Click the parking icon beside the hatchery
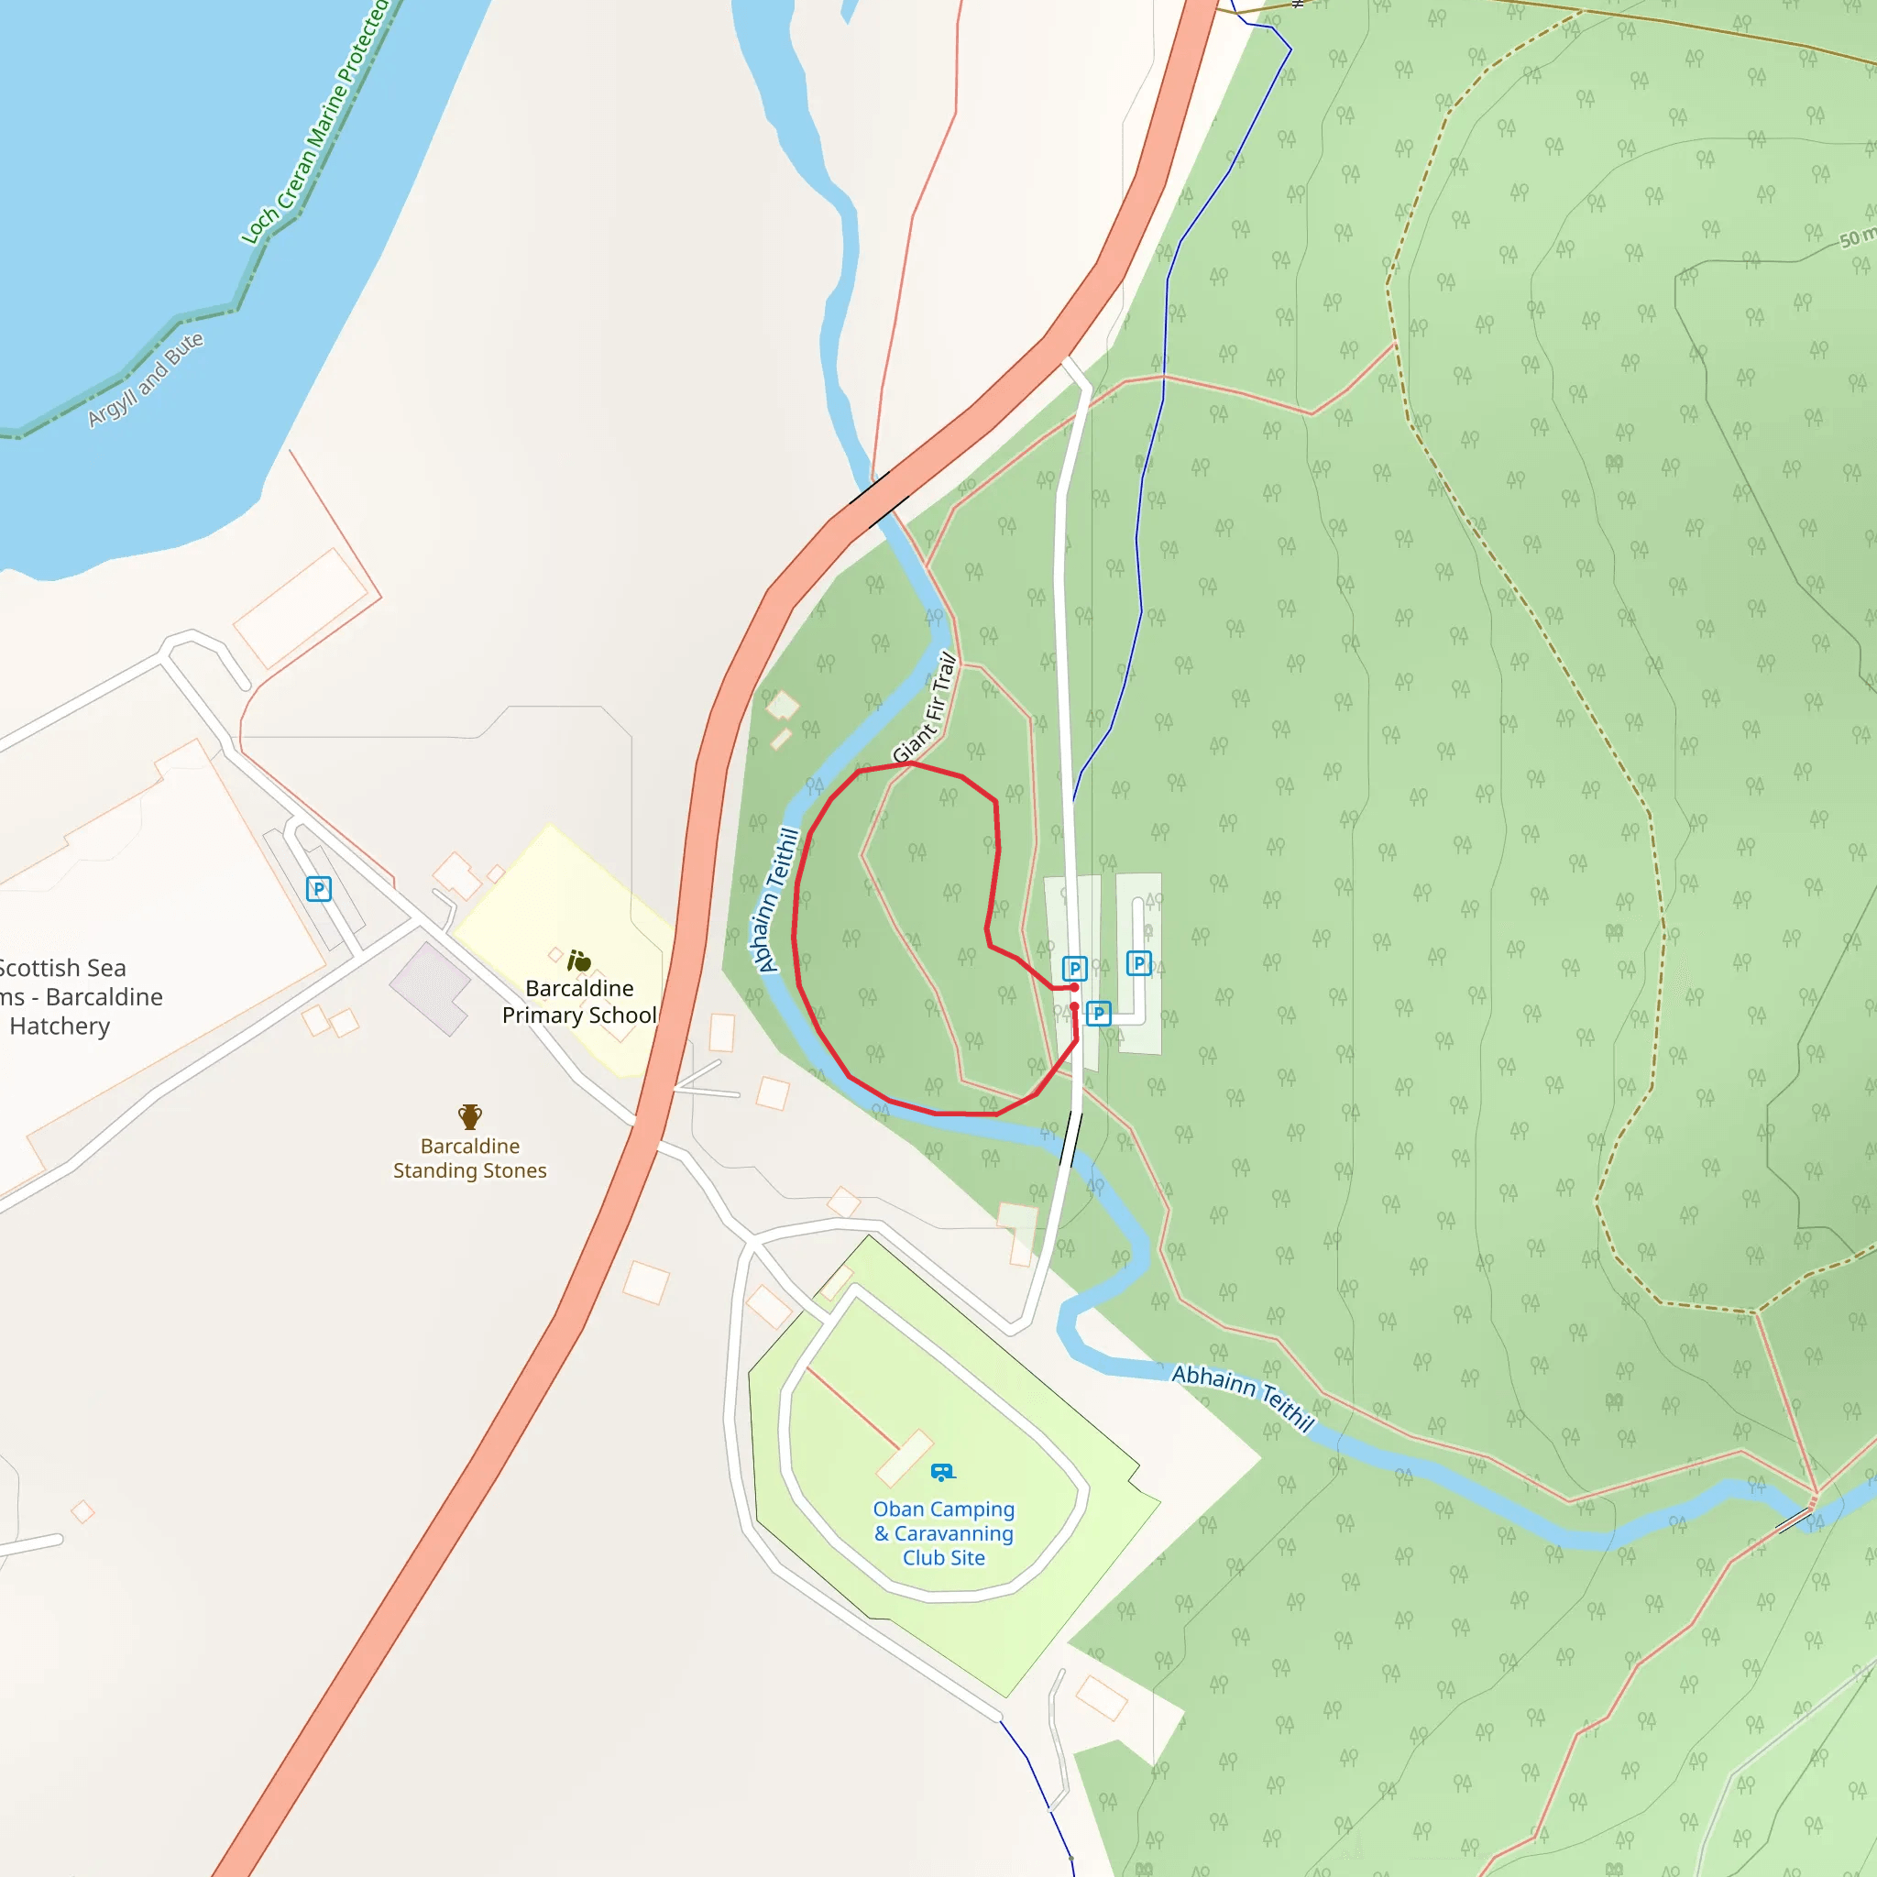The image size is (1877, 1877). tap(319, 889)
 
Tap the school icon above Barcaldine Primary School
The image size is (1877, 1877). tap(579, 960)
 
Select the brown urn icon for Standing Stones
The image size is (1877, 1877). tap(470, 1116)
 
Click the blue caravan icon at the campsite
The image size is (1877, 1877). tap(942, 1472)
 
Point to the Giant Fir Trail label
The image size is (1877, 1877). tap(925, 708)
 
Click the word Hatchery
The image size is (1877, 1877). tap(60, 1026)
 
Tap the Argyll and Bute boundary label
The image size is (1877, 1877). tap(146, 378)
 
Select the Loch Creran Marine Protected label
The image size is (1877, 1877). tap(314, 122)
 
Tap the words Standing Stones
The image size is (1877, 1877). tap(470, 1170)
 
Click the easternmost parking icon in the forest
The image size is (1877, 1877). tap(1138, 963)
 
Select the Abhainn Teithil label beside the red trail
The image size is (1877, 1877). tap(775, 900)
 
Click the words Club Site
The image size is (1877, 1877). tap(943, 1557)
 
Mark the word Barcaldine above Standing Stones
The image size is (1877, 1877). tap(470, 1147)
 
